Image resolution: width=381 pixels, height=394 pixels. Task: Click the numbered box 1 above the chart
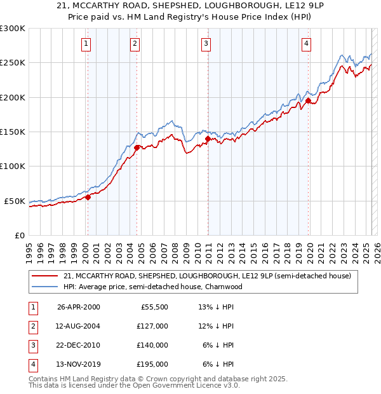point(86,43)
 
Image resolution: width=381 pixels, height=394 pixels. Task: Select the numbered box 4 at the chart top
point(306,43)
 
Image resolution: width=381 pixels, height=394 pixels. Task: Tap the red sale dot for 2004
point(137,147)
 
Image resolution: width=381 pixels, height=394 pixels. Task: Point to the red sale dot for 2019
point(308,100)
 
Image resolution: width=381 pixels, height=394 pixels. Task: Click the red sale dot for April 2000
point(88,197)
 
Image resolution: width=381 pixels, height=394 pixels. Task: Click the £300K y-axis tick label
point(13,29)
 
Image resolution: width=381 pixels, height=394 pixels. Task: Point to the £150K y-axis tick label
point(13,132)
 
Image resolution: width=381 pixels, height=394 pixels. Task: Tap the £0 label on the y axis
point(20,235)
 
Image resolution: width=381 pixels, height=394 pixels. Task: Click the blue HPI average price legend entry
point(153,287)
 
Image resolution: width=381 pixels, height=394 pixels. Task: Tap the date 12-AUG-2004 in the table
point(79,327)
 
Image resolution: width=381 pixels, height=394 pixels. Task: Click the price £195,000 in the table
point(152,364)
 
